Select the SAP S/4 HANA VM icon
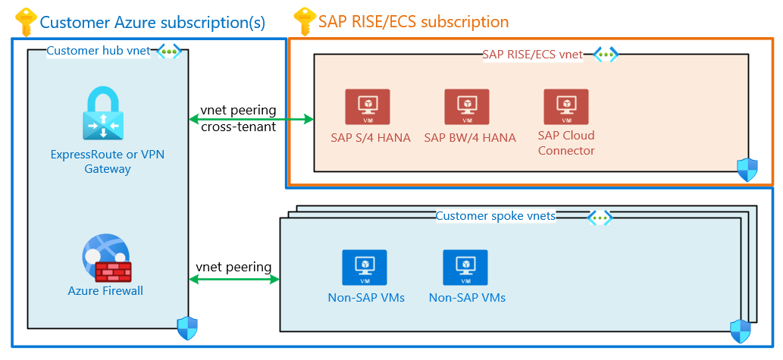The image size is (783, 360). pyautogui.click(x=367, y=107)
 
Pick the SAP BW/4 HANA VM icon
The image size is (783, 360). pyautogui.click(x=466, y=107)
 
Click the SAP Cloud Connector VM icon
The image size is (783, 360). pyautogui.click(x=565, y=107)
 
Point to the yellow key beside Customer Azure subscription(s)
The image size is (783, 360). pyautogui.click(x=25, y=20)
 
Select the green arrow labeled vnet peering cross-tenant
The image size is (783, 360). pyautogui.click(x=251, y=119)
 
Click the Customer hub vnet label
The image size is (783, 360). pyautogui.click(x=98, y=51)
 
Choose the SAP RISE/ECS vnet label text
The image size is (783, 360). pyautogui.click(x=532, y=54)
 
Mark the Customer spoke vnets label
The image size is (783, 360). pyautogui.click(x=496, y=216)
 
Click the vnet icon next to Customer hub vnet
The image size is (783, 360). pyautogui.click(x=168, y=51)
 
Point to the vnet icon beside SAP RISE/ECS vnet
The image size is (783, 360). pyautogui.click(x=605, y=54)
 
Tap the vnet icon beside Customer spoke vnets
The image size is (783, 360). pyautogui.click(x=600, y=217)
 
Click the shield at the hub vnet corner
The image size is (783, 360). pyautogui.click(x=186, y=328)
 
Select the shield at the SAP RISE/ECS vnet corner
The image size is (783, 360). pyautogui.click(x=747, y=170)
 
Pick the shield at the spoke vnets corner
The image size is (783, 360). pyautogui.click(x=740, y=331)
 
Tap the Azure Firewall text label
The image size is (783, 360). pyautogui.click(x=105, y=290)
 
